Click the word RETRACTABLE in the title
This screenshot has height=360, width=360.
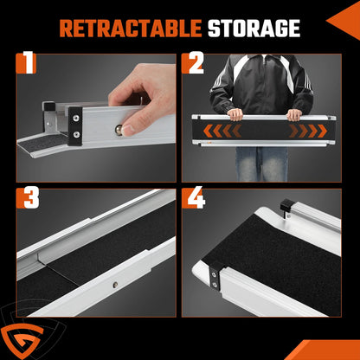click(x=131, y=29)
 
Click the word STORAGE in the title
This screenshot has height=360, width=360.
click(x=254, y=29)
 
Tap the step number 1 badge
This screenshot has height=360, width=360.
click(x=27, y=63)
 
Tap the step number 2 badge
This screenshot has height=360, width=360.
click(x=193, y=63)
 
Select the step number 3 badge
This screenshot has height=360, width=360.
click(x=28, y=198)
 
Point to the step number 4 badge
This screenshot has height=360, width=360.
click(x=194, y=198)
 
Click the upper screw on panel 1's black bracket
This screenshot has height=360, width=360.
click(x=76, y=118)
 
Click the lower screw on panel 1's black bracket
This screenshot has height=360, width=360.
click(x=76, y=134)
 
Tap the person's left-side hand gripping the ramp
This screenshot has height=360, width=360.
click(x=235, y=114)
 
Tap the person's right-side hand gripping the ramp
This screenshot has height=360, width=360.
click(x=294, y=115)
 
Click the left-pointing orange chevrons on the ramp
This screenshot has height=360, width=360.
click(x=222, y=131)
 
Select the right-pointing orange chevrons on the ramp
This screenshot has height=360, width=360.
click(x=308, y=131)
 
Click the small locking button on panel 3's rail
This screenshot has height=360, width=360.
click(x=115, y=285)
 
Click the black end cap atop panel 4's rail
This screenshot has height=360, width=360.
click(x=286, y=205)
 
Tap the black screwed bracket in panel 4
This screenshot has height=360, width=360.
click(x=215, y=278)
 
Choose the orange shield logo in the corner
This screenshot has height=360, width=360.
click(x=22, y=341)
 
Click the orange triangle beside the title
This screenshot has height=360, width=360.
click(x=344, y=20)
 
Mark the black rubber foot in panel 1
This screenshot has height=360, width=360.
click(x=49, y=106)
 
